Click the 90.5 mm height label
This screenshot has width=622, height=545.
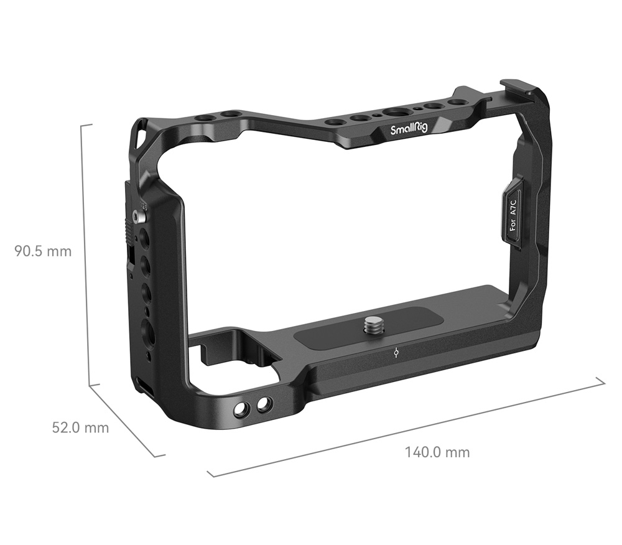44,251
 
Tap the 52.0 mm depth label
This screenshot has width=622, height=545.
80,427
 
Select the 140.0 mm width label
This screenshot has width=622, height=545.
437,452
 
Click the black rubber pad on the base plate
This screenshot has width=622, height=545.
367,328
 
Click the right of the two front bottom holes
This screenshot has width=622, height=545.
264,404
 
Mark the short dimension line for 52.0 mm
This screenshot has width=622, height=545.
128,421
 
